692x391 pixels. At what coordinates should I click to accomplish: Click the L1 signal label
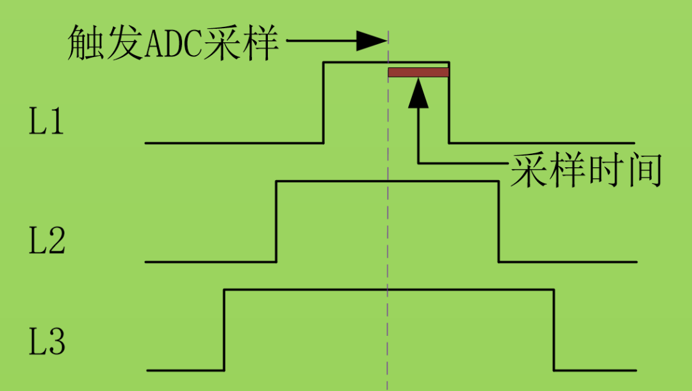point(46,122)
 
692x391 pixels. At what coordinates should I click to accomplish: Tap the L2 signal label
point(46,242)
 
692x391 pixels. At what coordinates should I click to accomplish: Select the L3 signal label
point(46,343)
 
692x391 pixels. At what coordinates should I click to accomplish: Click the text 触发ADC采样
point(173,44)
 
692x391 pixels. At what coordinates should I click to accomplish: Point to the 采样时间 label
point(585,171)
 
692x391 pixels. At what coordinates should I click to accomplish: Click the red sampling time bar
point(418,72)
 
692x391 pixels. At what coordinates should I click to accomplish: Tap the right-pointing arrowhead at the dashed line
point(370,40)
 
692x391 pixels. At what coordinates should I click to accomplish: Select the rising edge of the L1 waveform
point(323,103)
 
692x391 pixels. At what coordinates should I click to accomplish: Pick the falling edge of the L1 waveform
point(449,103)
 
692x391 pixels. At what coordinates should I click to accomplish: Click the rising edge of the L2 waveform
point(276,221)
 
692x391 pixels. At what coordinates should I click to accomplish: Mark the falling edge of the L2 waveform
point(498,221)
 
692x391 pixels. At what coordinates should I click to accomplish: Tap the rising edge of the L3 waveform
point(224,330)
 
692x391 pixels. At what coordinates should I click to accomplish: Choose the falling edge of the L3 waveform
point(554,330)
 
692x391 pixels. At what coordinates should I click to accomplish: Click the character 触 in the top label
point(85,44)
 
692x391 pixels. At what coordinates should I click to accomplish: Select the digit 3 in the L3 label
point(56,344)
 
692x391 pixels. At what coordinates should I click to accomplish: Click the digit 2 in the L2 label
point(56,243)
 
